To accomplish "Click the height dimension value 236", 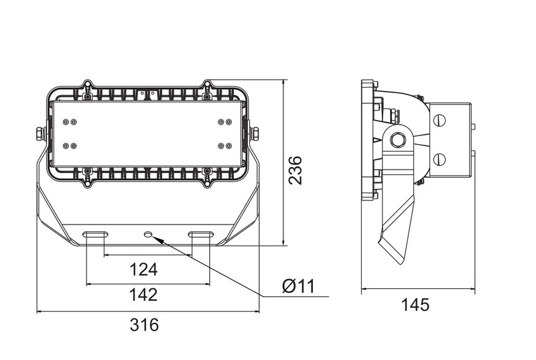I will point(295,170).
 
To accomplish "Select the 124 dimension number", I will point(143,269).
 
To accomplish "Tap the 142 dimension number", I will point(143,294).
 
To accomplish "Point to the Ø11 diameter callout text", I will point(298,286).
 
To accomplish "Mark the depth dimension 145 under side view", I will point(415,305).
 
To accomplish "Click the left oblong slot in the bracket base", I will point(95,234).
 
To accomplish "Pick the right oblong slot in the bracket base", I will point(201,234).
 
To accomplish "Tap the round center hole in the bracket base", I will point(148,234).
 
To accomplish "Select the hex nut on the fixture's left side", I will point(40,133).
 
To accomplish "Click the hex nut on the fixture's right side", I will point(255,133).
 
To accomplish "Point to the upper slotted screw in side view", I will point(440,120).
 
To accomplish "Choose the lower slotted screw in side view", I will point(440,159).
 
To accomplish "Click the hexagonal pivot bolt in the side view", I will point(399,139).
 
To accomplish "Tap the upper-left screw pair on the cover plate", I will point(70,122).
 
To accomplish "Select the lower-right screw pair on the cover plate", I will point(225,145).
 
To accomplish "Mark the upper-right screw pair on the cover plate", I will point(225,122).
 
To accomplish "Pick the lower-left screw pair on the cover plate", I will point(70,145).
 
